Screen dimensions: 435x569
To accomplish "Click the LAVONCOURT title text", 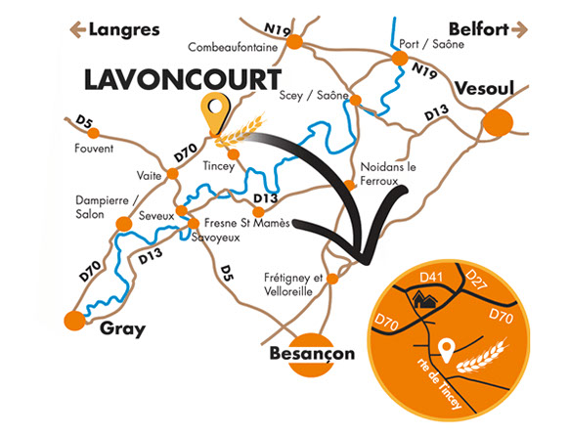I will (182, 80).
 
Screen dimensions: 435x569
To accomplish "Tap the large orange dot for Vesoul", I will (499, 123).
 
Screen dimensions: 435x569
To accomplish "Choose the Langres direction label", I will (124, 29).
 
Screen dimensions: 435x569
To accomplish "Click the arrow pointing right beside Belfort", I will (525, 29).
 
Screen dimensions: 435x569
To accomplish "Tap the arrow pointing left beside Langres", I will (73, 29).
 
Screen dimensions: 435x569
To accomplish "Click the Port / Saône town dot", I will (399, 60).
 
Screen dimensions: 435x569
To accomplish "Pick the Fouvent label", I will (95, 149).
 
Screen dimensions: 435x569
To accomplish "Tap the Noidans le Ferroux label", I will (389, 173).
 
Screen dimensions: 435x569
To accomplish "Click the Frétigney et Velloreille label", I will (294, 283).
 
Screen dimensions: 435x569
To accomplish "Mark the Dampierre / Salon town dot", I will (123, 224).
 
